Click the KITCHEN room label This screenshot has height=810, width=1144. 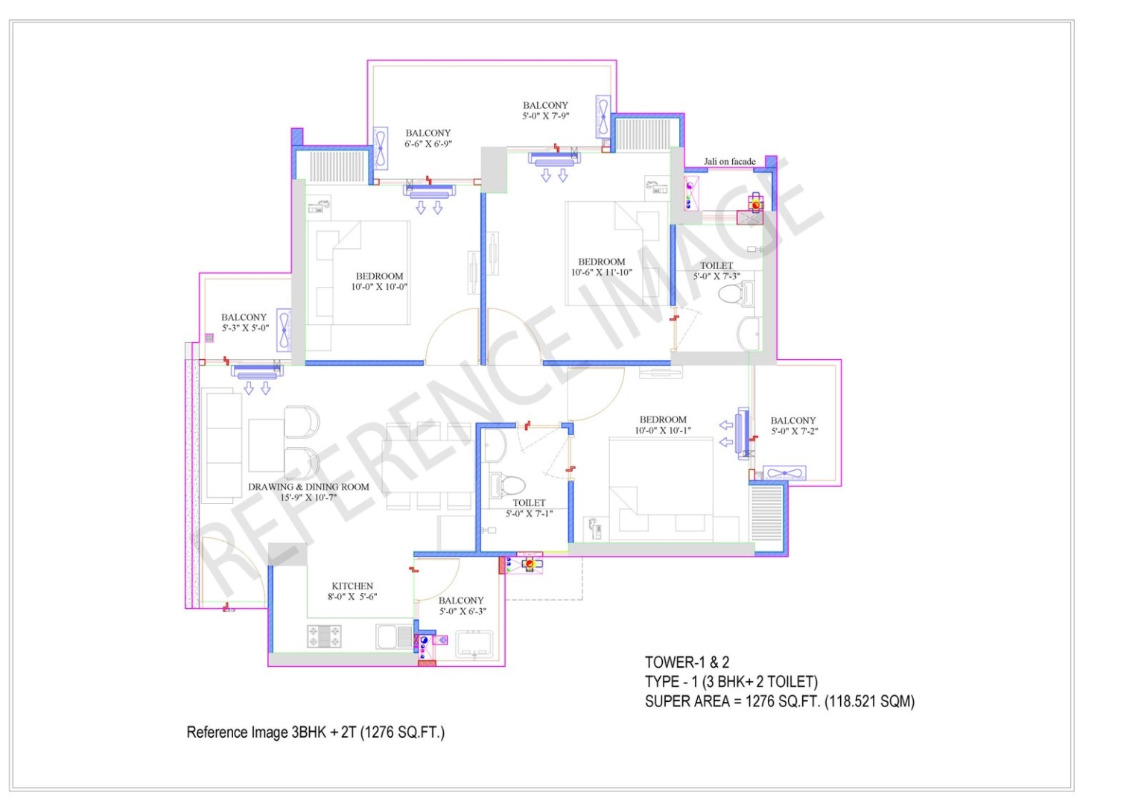point(352,586)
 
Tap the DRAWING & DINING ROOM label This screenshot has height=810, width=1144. point(308,487)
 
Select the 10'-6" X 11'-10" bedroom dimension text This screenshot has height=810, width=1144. point(602,273)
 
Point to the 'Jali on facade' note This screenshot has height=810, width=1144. point(729,162)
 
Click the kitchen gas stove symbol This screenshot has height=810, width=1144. point(324,637)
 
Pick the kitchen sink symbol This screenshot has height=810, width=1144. point(394,637)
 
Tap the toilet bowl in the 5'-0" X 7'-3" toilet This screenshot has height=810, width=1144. point(736,294)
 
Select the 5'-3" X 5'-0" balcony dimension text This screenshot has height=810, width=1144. point(245,328)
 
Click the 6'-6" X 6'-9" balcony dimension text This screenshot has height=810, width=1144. point(428,144)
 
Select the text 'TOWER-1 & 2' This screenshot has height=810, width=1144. point(687,662)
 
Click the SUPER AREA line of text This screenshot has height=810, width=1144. point(779,702)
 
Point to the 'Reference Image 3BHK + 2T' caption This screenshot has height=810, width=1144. point(316,733)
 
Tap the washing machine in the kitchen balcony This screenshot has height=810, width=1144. point(474,645)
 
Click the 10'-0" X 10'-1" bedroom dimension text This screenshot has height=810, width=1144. point(663,430)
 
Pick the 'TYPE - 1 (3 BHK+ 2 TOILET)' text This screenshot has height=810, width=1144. point(731,682)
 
